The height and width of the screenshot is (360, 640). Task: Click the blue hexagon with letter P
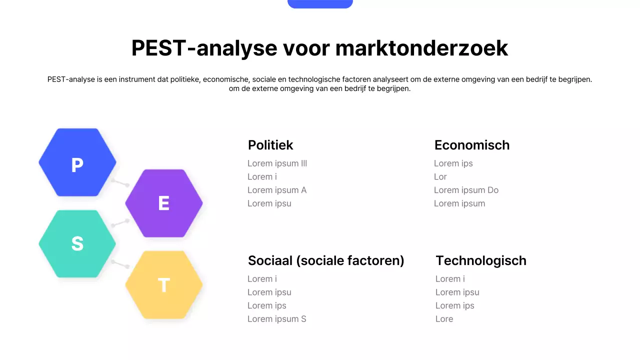pos(77,163)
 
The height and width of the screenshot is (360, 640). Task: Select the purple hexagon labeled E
pos(164,203)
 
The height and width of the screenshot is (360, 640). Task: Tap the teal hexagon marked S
pos(77,243)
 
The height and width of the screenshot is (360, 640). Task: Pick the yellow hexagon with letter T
pos(164,285)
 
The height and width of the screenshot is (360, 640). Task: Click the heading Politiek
pos(270,145)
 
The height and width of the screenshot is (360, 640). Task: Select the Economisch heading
pos(471,145)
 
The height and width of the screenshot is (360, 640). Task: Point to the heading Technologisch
pos(480,260)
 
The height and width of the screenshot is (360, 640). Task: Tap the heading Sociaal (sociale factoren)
pos(326,260)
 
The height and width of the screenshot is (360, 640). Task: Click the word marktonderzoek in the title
pos(421,48)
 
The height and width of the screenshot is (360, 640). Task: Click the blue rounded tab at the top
pos(320,3)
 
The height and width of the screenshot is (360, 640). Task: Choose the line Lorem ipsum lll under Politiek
pos(277,163)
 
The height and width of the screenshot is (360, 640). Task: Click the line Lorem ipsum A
pos(276,190)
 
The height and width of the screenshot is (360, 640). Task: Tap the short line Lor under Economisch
pos(440,176)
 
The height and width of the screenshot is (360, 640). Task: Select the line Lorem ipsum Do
pos(466,190)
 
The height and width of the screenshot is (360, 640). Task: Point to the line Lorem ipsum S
pos(276,319)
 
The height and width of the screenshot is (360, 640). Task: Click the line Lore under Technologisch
pos(444,319)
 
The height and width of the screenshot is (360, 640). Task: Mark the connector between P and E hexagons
pos(120,182)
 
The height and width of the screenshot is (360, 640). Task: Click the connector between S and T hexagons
pos(120,264)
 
